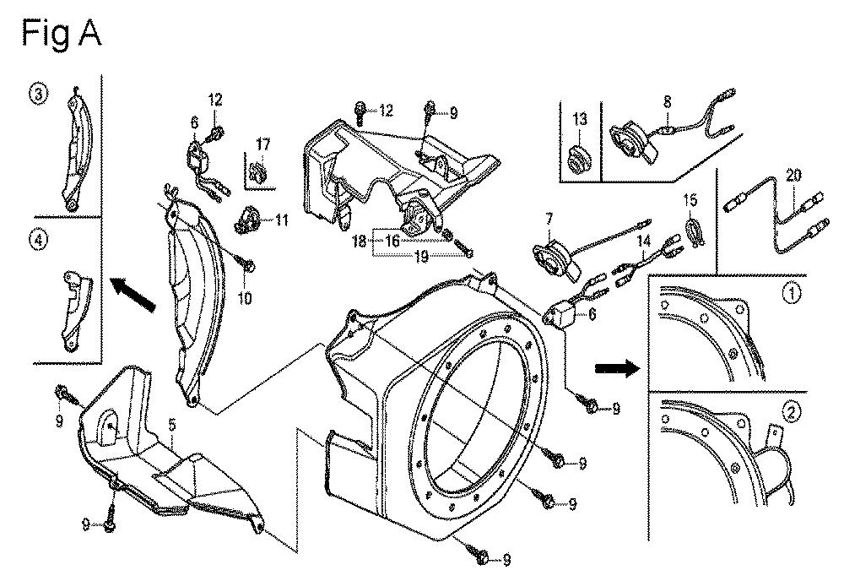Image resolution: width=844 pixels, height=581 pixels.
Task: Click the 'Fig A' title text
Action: [x=62, y=34]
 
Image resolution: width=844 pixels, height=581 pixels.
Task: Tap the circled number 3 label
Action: [x=38, y=95]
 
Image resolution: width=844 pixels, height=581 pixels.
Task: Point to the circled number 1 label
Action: [x=792, y=294]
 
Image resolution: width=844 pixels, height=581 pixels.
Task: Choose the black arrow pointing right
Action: [x=617, y=369]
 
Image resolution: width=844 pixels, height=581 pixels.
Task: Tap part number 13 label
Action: [x=580, y=119]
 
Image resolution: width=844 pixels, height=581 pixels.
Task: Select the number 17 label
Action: [x=262, y=144]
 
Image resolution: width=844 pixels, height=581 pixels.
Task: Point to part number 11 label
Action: [x=282, y=220]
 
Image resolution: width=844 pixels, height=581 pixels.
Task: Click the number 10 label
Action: [x=245, y=298]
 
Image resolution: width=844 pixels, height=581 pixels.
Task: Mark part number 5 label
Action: [x=171, y=425]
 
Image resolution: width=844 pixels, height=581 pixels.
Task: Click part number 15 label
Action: [x=690, y=200]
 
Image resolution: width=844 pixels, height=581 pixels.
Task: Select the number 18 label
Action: [x=359, y=241]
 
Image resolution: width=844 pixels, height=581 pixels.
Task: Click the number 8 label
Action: [x=667, y=102]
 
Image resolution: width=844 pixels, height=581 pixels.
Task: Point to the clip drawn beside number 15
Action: [x=696, y=231]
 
